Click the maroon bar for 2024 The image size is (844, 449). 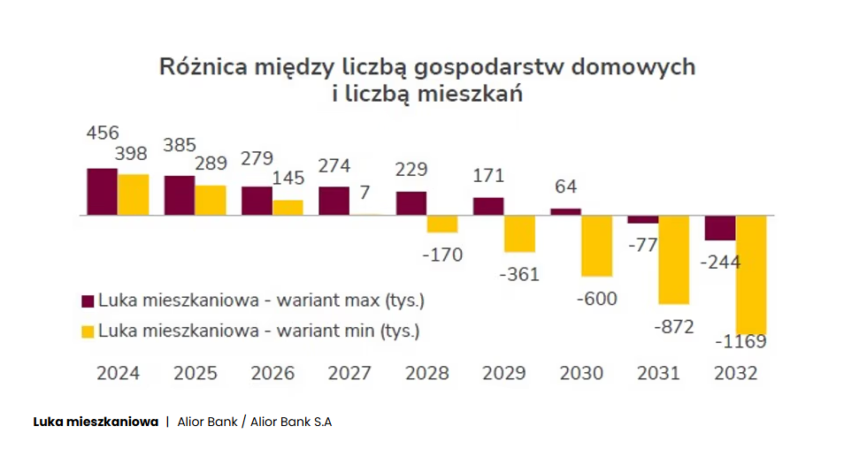coord(102,191)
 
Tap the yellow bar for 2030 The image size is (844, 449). coord(596,245)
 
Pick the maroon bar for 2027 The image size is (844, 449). coord(334,201)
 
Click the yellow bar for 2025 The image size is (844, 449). coord(211,200)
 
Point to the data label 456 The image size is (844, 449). coord(103,133)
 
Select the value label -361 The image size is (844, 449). coord(519,274)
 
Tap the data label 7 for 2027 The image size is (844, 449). coord(364,192)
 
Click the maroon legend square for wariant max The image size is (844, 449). coord(88,301)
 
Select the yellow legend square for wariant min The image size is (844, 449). coord(88,331)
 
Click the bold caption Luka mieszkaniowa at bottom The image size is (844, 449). coord(96,422)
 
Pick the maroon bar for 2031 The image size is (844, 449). coord(643,219)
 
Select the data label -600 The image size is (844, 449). coord(596,299)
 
